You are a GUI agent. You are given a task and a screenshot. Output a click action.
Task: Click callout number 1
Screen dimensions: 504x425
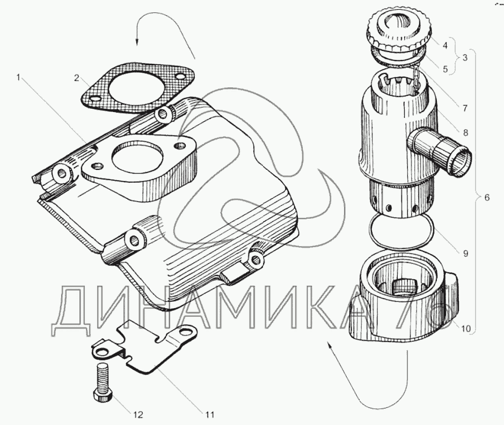(20, 78)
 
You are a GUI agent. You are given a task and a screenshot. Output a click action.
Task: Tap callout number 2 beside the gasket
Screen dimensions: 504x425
(77, 78)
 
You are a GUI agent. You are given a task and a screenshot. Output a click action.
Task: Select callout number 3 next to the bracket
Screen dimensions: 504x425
(465, 56)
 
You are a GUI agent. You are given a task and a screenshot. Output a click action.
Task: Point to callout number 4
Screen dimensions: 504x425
(445, 46)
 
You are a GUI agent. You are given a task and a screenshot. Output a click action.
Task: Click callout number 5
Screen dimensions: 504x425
(445, 69)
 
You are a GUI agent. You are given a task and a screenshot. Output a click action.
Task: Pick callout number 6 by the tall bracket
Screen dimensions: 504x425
(486, 197)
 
